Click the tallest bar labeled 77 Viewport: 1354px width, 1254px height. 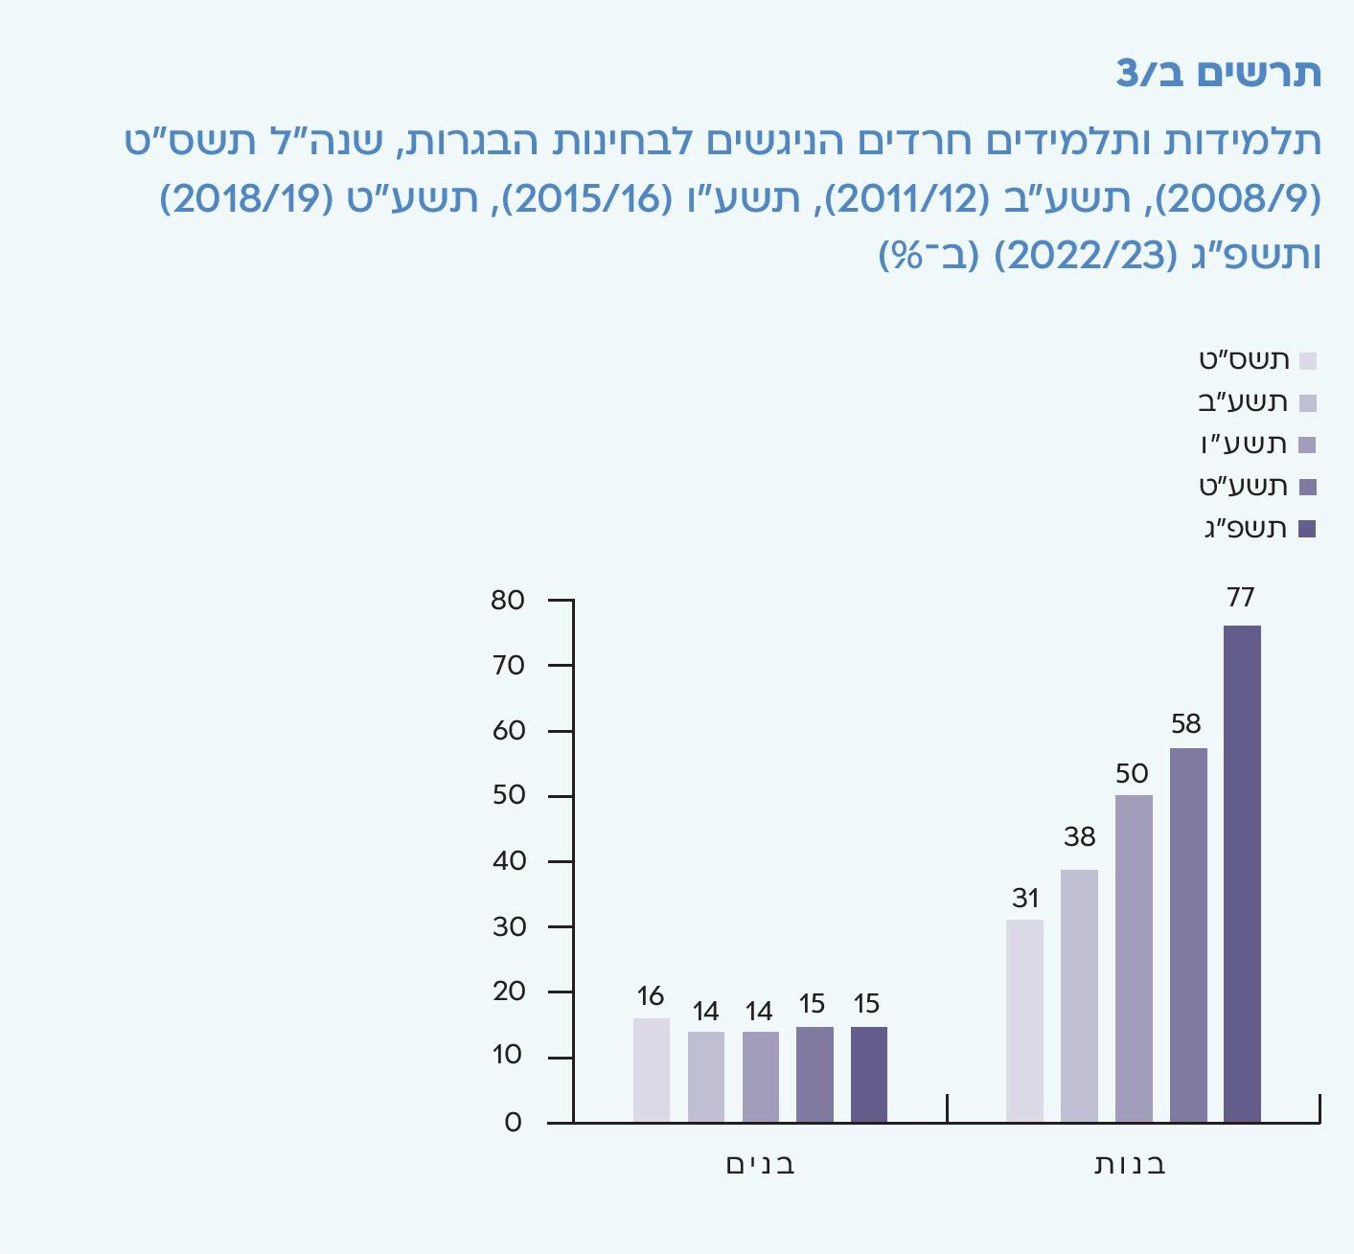pyautogui.click(x=1242, y=874)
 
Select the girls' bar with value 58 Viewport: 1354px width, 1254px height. pyautogui.click(x=1188, y=935)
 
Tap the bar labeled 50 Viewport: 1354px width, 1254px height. pyautogui.click(x=1134, y=958)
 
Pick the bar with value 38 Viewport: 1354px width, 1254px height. pyautogui.click(x=1079, y=996)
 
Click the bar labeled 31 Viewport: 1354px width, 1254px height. pyautogui.click(x=1024, y=1021)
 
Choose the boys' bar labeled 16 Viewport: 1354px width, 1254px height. pyautogui.click(x=652, y=1070)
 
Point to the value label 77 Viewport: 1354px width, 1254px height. pyautogui.click(x=1241, y=598)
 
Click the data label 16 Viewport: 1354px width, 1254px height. pyautogui.click(x=651, y=996)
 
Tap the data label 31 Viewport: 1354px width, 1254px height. pyautogui.click(x=1025, y=899)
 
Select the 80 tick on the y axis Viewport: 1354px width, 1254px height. pyautogui.click(x=508, y=601)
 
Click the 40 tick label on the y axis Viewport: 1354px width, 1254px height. pyautogui.click(x=509, y=861)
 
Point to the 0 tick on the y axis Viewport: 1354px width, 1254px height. pyautogui.click(x=514, y=1123)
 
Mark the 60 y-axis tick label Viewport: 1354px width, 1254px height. pyautogui.click(x=509, y=731)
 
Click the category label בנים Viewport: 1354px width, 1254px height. pyautogui.click(x=760, y=1164)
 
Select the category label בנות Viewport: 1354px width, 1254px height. pyautogui.click(x=1131, y=1164)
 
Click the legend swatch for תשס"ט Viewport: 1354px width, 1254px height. pyautogui.click(x=1308, y=361)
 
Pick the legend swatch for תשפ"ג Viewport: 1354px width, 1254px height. pyautogui.click(x=1307, y=529)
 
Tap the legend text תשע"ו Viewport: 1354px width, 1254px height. pyautogui.click(x=1244, y=445)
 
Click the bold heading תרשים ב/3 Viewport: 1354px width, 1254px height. pyautogui.click(x=1218, y=74)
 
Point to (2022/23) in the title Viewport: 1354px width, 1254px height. pyautogui.click(x=1086, y=256)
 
